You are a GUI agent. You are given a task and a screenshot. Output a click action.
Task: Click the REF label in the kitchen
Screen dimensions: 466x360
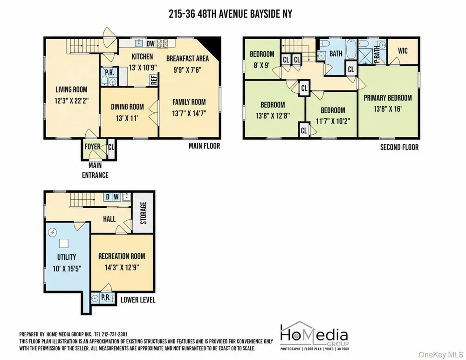click(x=154, y=80)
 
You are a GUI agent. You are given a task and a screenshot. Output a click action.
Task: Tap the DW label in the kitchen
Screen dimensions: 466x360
click(x=151, y=44)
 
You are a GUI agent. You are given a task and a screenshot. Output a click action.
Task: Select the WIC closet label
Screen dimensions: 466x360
click(x=403, y=51)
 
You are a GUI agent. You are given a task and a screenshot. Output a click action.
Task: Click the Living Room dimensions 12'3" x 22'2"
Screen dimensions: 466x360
click(x=72, y=101)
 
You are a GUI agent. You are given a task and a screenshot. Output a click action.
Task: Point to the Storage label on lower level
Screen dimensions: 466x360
click(x=144, y=213)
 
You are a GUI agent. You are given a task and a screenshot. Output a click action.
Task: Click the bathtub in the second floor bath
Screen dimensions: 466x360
click(x=351, y=49)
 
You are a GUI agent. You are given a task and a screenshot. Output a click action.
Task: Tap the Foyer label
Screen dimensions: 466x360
click(x=92, y=146)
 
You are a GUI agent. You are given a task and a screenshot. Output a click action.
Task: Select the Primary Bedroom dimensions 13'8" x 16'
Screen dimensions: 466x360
click(x=388, y=109)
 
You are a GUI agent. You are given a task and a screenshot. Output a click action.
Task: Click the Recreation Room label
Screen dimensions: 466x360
click(x=122, y=256)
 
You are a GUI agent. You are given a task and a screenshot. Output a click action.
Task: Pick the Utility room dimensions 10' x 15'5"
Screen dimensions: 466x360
click(x=67, y=269)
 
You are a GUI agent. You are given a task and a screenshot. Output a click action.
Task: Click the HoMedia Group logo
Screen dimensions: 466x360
click(x=315, y=336)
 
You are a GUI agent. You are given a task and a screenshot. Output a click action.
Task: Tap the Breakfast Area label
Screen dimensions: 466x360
click(x=187, y=59)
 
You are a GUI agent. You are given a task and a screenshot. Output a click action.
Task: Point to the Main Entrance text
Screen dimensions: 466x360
click(x=95, y=170)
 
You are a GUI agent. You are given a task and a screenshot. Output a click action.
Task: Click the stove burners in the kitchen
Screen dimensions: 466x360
click(x=162, y=43)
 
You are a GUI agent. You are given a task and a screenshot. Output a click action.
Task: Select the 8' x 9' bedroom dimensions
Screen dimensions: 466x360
click(x=261, y=65)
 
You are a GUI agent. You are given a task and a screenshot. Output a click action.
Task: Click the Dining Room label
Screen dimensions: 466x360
click(x=127, y=107)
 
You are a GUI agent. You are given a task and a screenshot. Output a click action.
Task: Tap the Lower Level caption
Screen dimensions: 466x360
click(x=138, y=300)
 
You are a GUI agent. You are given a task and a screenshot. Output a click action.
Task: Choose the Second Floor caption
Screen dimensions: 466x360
click(x=399, y=147)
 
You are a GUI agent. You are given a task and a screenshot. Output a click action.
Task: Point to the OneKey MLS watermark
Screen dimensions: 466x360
click(x=441, y=354)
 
